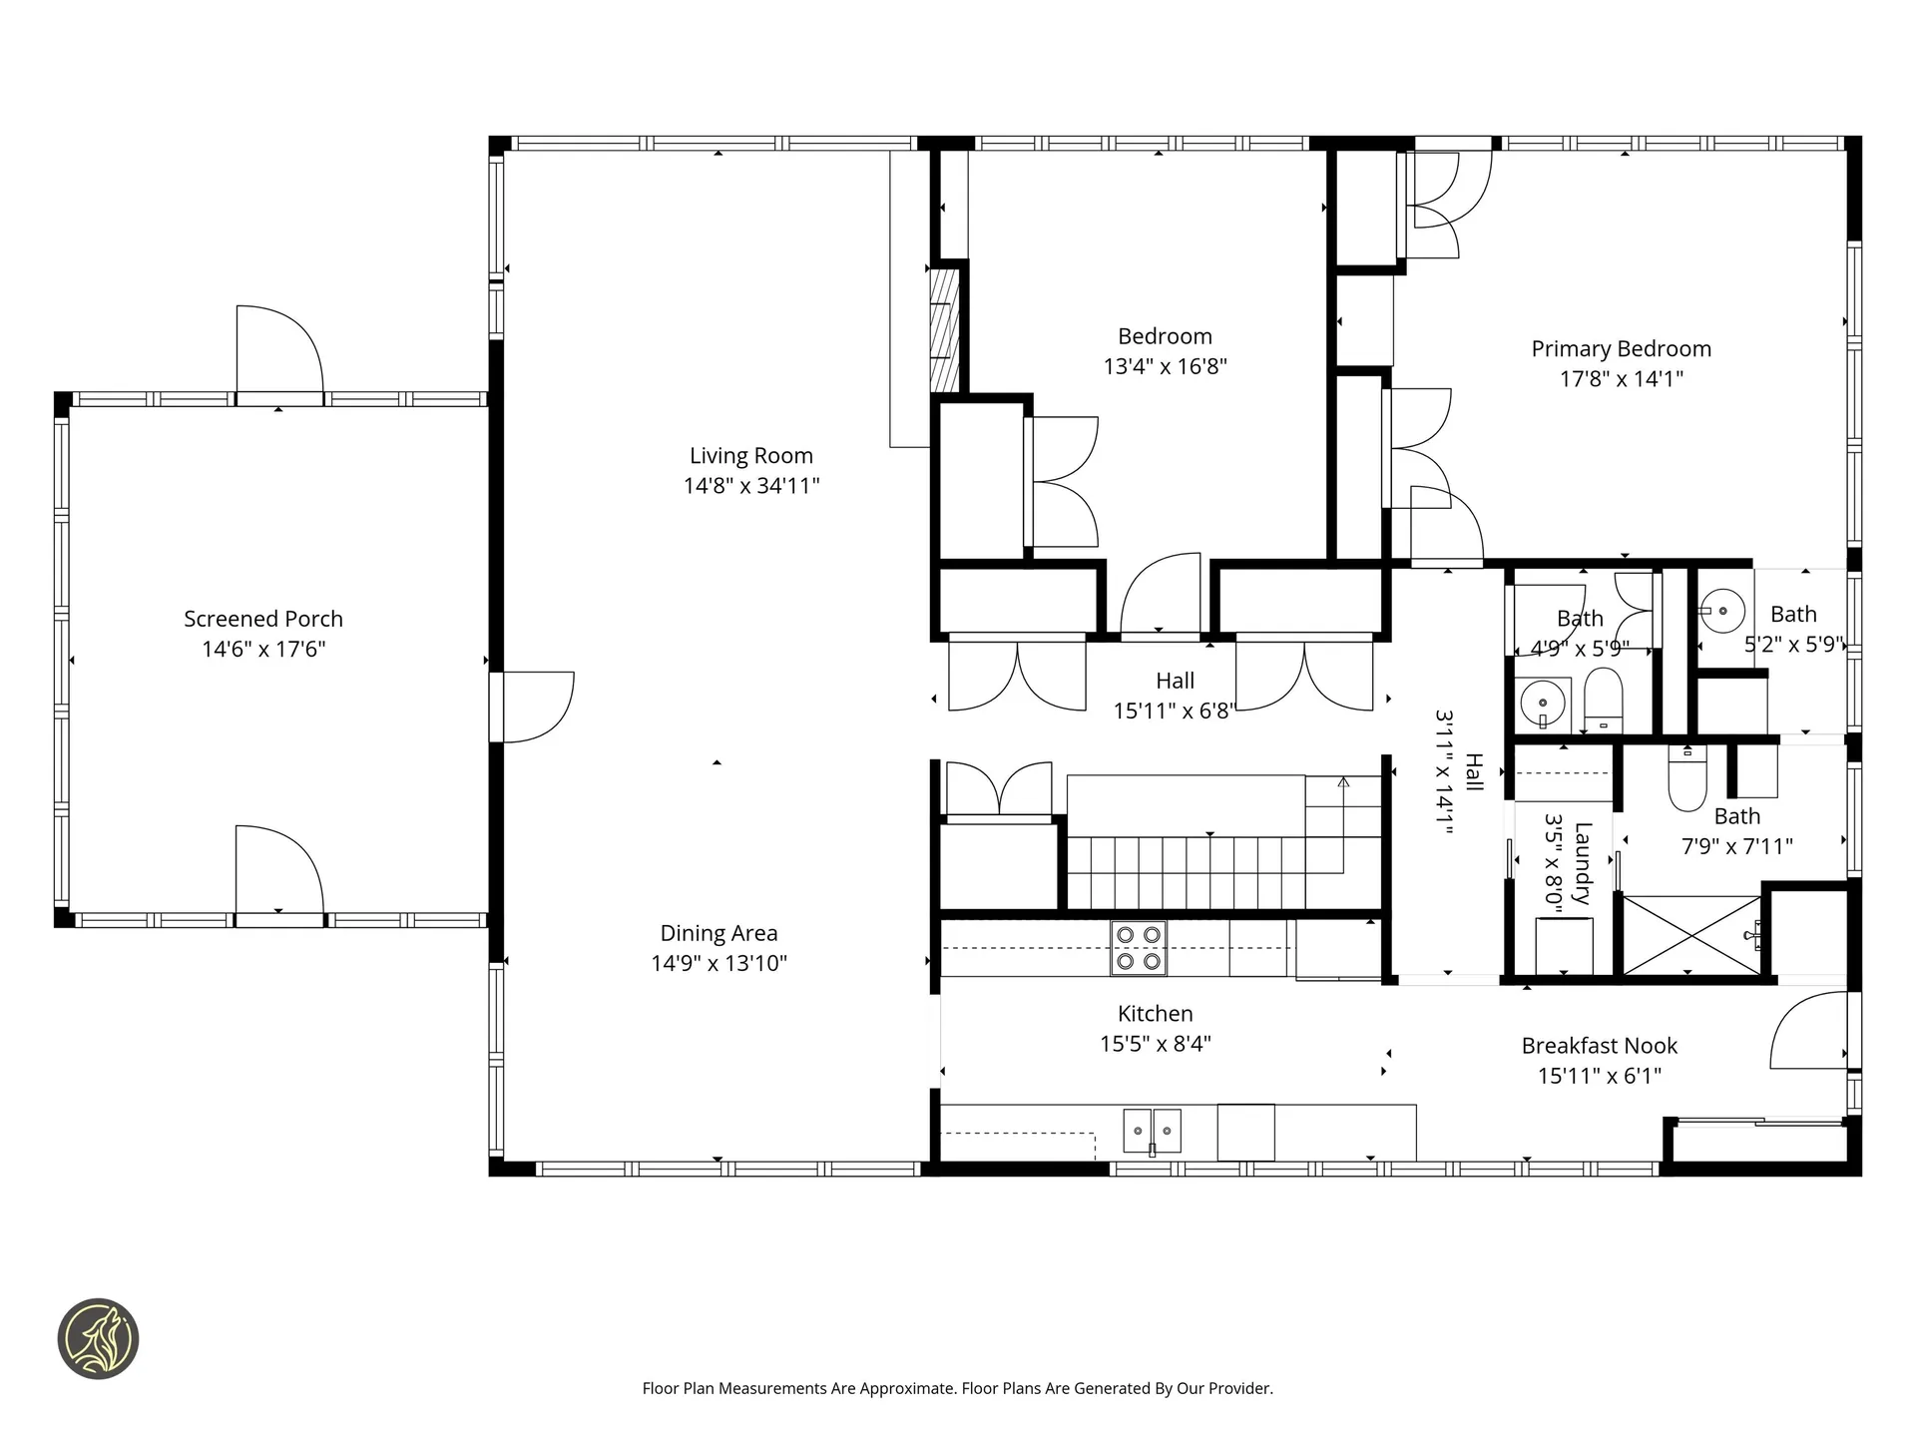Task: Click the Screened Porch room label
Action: coord(263,619)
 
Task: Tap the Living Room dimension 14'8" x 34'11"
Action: coord(751,486)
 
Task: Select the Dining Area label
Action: coord(718,933)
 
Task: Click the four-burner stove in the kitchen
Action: coord(1139,948)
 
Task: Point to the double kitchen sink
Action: coord(1153,1131)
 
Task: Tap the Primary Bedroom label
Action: coord(1622,349)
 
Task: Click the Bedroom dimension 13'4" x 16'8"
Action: coord(1165,366)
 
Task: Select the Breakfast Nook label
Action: coord(1600,1046)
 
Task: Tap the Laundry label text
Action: coord(1583,863)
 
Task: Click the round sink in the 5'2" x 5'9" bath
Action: coord(1722,610)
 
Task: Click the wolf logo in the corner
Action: coord(98,1339)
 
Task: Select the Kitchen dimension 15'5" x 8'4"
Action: coord(1156,1044)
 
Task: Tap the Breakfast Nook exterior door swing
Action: coord(1808,1030)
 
